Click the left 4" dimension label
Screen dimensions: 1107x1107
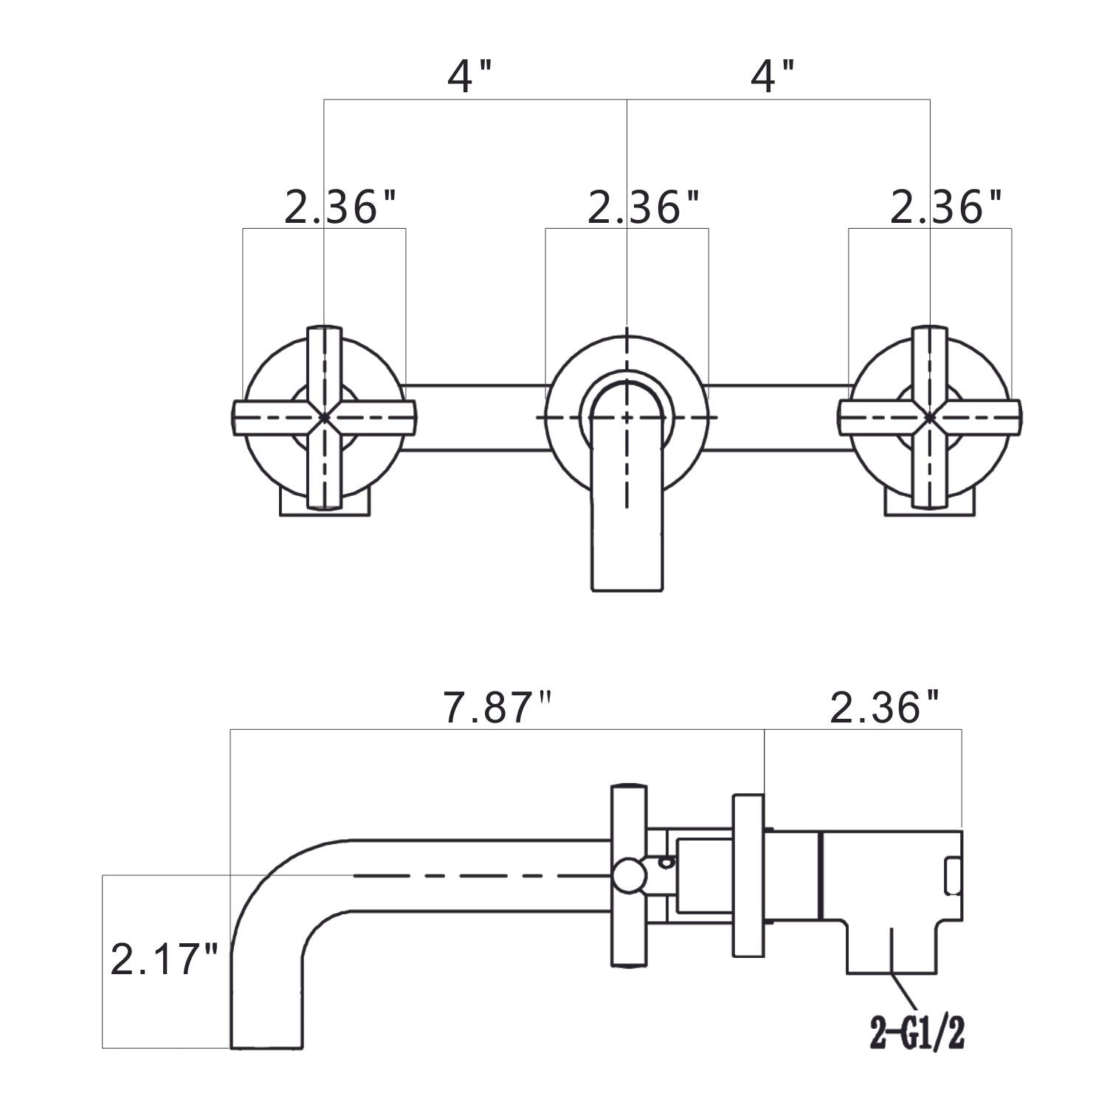(469, 77)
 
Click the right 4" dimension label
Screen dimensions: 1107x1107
(772, 77)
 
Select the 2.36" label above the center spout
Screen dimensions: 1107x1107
(644, 209)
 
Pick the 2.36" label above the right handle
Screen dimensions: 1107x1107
(946, 209)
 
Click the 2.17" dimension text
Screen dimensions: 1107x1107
(164, 962)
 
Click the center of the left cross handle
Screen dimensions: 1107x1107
(324, 418)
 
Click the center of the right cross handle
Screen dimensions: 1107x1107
(930, 418)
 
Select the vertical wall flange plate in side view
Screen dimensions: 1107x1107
(748, 876)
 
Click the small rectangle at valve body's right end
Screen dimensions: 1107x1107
(953, 876)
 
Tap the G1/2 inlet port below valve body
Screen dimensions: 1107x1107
(893, 945)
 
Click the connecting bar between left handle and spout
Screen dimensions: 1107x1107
(476, 418)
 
